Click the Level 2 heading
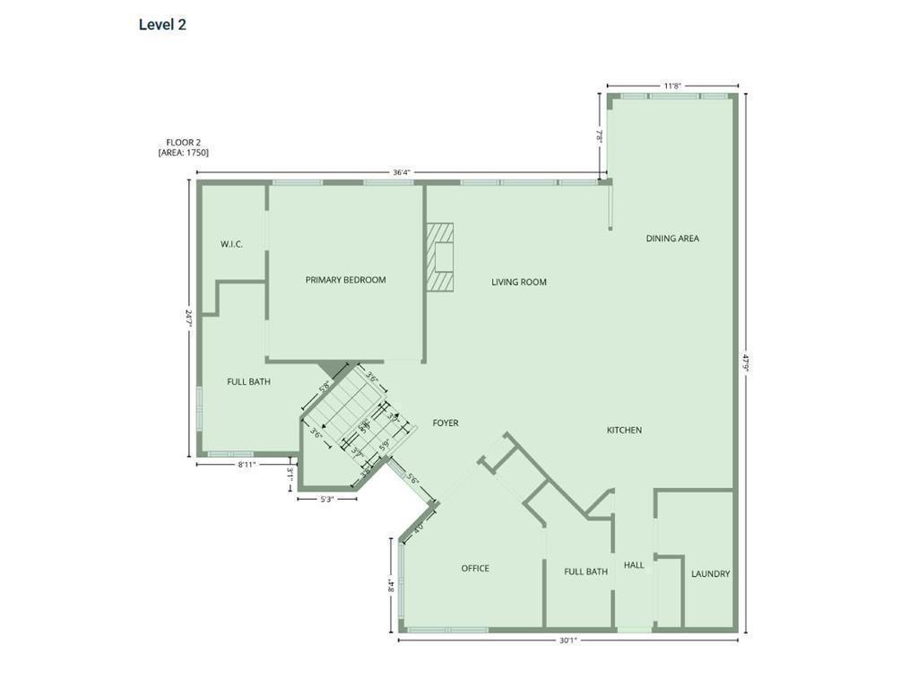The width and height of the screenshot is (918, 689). click(x=162, y=25)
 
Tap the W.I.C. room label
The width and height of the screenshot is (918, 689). click(x=232, y=244)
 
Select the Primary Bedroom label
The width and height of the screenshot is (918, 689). click(x=345, y=280)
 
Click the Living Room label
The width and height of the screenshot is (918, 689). click(x=519, y=283)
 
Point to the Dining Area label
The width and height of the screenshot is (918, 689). click(x=672, y=239)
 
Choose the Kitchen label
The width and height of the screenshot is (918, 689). click(x=624, y=431)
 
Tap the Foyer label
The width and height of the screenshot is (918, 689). click(x=446, y=423)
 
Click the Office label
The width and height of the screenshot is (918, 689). click(x=475, y=568)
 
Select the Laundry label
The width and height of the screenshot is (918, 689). click(x=710, y=574)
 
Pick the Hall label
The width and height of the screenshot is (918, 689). click(x=634, y=565)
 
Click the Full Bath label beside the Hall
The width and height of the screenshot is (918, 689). click(x=585, y=571)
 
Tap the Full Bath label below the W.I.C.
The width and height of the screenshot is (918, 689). click(x=248, y=382)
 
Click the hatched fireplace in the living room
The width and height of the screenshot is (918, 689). click(x=440, y=257)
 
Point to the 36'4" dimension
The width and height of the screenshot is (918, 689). click(x=401, y=172)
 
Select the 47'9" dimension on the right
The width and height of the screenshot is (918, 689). click(x=744, y=363)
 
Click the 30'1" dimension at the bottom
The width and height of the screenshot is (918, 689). click(x=567, y=641)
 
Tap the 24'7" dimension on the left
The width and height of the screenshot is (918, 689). click(x=188, y=318)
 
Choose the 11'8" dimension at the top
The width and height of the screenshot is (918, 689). click(x=672, y=86)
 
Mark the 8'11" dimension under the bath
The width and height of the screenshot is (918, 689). click(x=247, y=465)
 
